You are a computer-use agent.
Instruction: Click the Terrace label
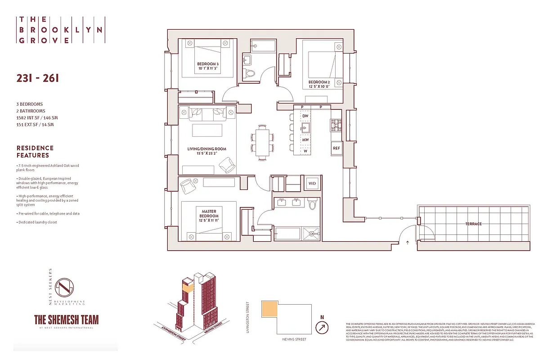(473, 224)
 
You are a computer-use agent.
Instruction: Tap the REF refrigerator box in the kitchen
(336, 148)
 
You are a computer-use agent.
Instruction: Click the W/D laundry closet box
(312, 184)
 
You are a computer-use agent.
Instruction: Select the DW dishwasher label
(305, 116)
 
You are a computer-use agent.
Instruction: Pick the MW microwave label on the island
(305, 140)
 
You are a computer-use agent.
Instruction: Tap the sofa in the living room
(207, 114)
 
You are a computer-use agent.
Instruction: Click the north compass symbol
(322, 328)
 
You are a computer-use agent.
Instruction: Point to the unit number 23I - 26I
(37, 78)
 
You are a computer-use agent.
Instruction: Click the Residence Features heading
(35, 151)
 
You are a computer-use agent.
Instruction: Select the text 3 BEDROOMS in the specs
(30, 104)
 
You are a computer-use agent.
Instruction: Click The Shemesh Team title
(67, 319)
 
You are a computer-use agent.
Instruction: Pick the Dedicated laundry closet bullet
(38, 222)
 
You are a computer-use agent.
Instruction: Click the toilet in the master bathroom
(313, 204)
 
